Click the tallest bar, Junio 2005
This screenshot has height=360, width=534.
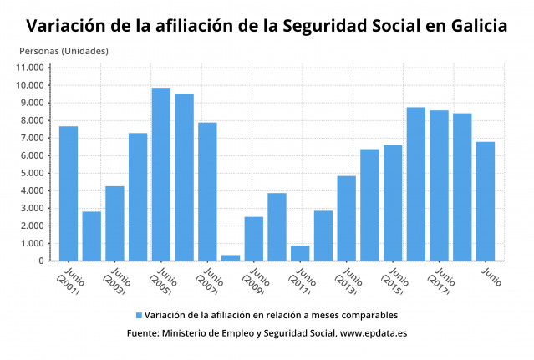pyautogui.click(x=160, y=175)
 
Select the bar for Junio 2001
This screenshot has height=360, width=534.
pyautogui.click(x=69, y=194)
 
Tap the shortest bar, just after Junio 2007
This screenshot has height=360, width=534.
pyautogui.click(x=231, y=257)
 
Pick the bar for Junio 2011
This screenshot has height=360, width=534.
pyautogui.click(x=300, y=253)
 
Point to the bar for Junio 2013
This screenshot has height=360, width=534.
pyautogui.click(x=346, y=218)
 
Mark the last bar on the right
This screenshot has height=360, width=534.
pyautogui.click(x=485, y=201)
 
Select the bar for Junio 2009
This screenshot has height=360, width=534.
pyautogui.click(x=253, y=239)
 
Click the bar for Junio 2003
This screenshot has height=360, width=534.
pyautogui.click(x=114, y=223)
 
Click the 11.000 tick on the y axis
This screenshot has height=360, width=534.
pyautogui.click(x=31, y=68)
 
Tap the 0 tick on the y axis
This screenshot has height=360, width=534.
pyautogui.click(x=42, y=261)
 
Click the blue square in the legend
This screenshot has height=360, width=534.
pyautogui.click(x=139, y=315)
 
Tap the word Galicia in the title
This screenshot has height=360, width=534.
pyautogui.click(x=475, y=26)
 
